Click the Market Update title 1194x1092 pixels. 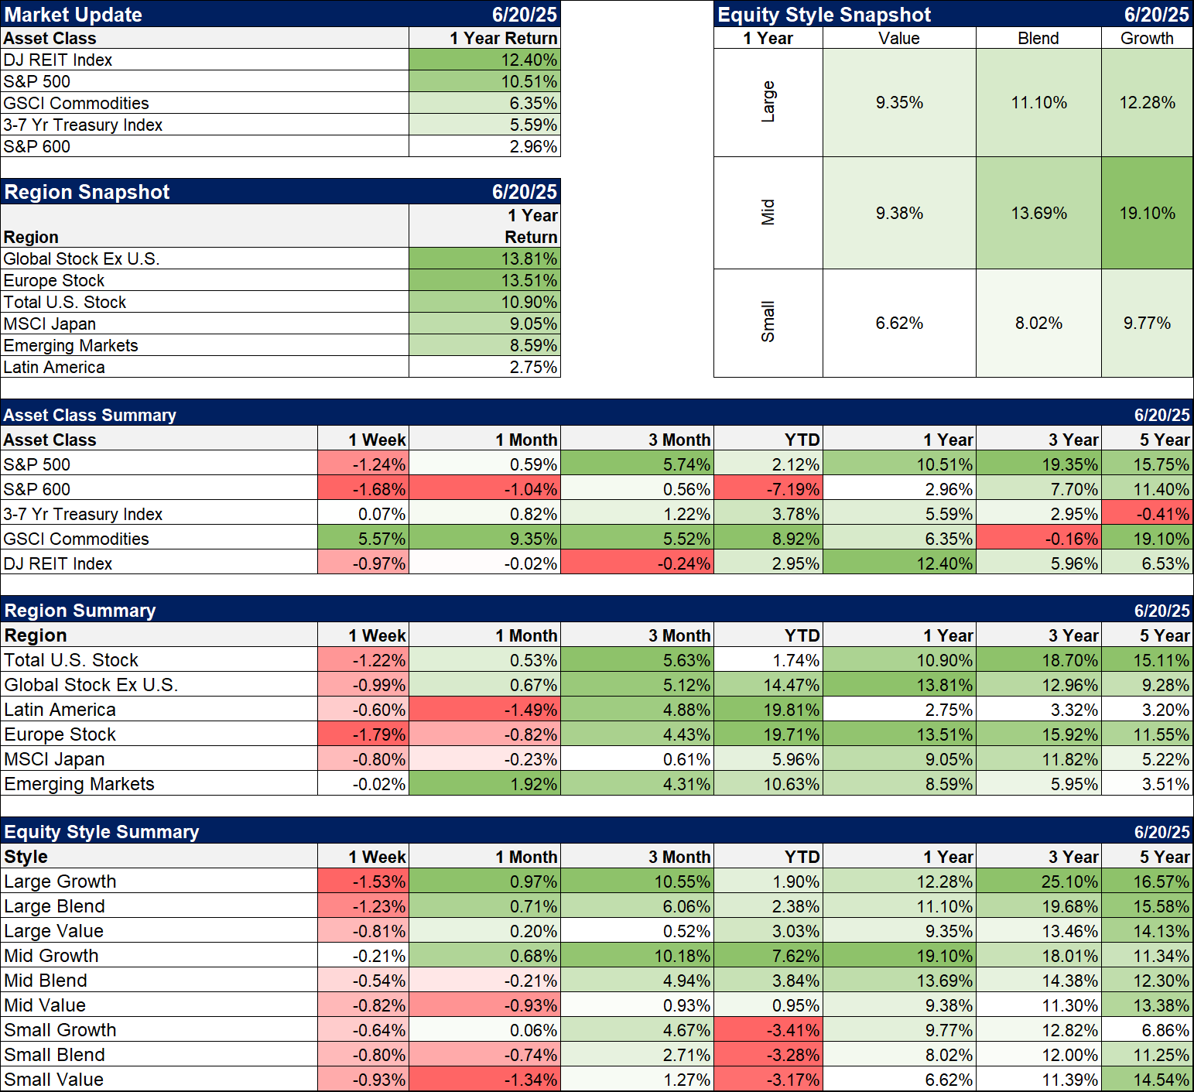[74, 15]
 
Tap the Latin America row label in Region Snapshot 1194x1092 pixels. [54, 367]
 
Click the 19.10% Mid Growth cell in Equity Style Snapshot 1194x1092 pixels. [1147, 213]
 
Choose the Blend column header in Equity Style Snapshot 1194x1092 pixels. [1038, 38]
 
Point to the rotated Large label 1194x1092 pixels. [768, 102]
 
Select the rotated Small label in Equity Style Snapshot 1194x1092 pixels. [768, 322]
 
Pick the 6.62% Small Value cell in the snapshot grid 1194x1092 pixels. [899, 323]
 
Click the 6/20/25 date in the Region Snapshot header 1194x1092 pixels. [524, 192]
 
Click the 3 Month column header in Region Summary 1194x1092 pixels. [679, 635]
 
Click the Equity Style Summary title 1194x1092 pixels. [101, 832]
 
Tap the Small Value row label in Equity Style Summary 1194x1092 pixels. [54, 1080]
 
